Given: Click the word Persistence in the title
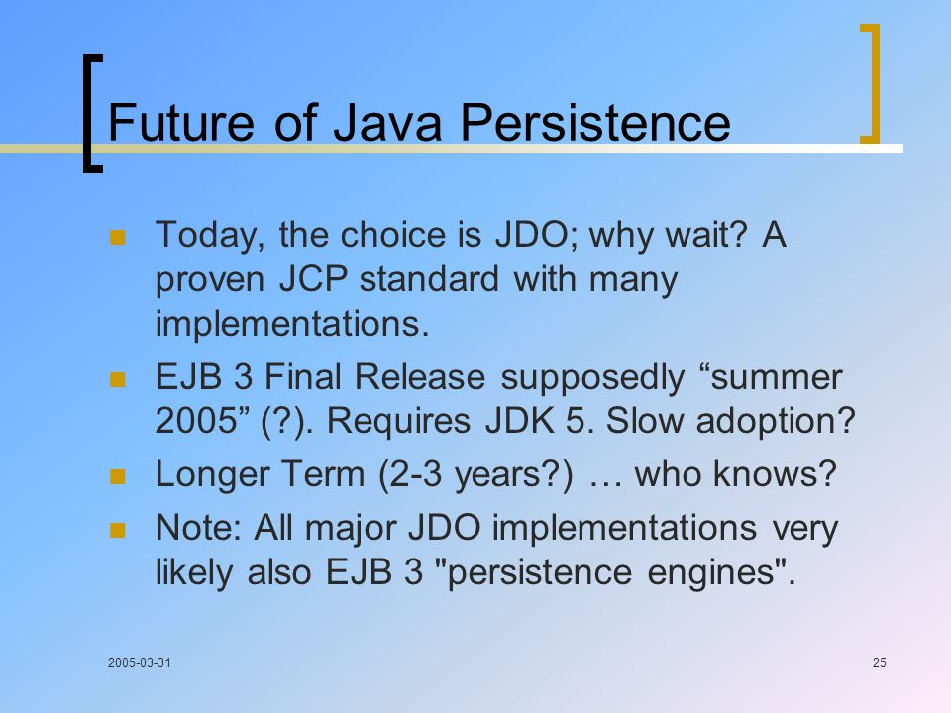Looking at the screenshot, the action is [595, 123].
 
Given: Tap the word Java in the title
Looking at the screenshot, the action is [387, 123].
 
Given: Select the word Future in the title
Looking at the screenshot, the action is [180, 123].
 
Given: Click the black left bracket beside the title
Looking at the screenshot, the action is [91, 113].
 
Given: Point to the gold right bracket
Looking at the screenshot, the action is [871, 83].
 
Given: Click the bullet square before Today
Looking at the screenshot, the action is [117, 237].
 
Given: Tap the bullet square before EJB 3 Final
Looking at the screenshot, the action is [117, 379].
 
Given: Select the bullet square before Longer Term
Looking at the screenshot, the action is [117, 476].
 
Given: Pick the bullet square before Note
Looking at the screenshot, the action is [117, 531].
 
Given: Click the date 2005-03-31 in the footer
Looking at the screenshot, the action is [140, 662].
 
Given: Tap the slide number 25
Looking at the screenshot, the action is [880, 662].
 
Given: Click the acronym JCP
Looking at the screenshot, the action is [313, 279].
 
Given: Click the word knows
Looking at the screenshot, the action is [775, 474].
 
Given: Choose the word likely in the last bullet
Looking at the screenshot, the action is [193, 573].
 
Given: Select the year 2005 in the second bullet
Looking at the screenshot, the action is [195, 420].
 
